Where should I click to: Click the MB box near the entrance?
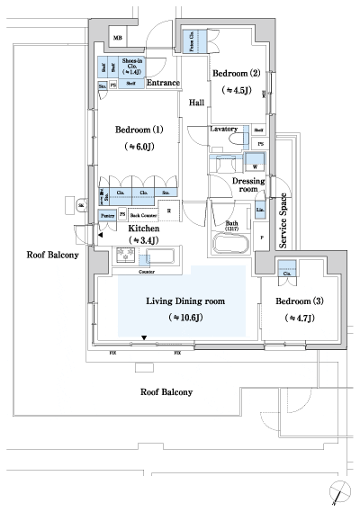point(117,37)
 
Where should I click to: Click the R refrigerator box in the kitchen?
point(168,212)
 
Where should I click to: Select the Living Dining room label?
point(184,301)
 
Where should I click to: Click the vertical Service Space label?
point(283,220)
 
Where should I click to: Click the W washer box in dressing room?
point(256,166)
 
